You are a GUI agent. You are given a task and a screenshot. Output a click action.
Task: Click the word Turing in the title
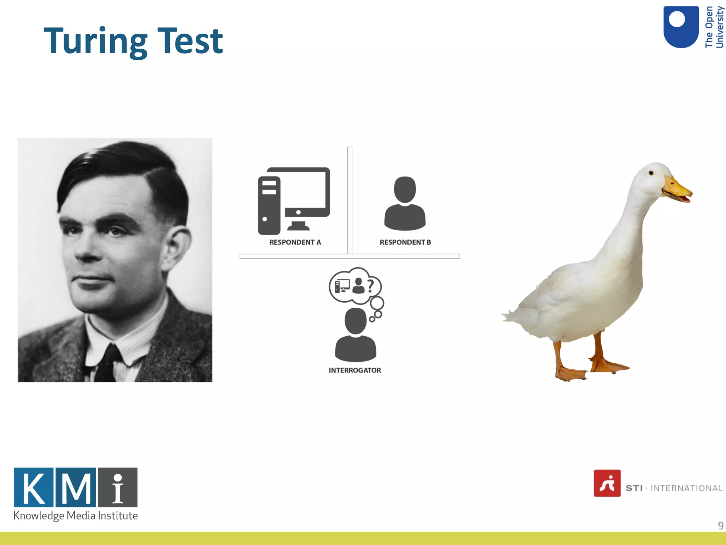95,42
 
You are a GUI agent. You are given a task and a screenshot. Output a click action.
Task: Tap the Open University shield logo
681,27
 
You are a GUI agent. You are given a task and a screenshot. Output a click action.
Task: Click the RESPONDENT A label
295,242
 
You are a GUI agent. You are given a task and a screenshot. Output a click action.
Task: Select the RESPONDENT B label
405,242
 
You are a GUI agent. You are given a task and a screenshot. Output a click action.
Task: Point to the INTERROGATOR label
354,370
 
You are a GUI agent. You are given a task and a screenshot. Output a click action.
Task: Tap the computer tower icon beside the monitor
269,206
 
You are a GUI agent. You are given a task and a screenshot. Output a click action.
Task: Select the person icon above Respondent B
405,204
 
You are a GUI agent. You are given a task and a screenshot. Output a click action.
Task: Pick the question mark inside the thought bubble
370,286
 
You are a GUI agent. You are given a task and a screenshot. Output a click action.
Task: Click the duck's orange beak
677,190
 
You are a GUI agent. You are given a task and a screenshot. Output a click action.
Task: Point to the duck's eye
651,173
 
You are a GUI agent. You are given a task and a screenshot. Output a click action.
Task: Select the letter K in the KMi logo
34,488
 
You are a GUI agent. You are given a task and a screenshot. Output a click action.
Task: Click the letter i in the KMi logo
118,488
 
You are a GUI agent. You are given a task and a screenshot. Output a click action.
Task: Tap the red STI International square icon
607,483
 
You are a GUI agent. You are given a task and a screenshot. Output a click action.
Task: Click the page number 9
720,525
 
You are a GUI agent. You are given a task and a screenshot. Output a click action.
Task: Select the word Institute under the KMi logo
118,516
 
